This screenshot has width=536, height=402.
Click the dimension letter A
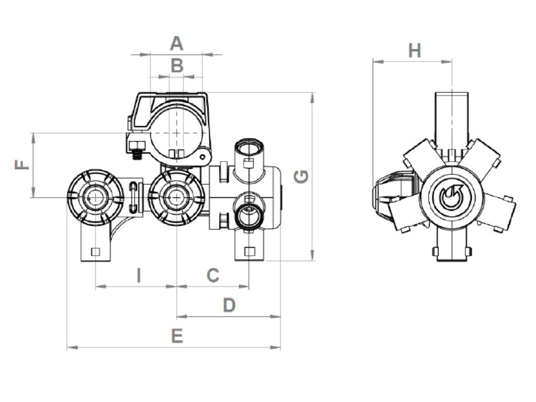[x=177, y=43]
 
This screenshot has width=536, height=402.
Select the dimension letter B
[x=177, y=66]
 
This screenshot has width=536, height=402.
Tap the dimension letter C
[x=213, y=275]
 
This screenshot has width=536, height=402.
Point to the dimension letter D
[x=229, y=305]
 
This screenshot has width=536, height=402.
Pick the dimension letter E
[x=177, y=336]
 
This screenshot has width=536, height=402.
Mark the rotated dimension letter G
[x=301, y=176]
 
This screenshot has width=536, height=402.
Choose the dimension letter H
[x=415, y=51]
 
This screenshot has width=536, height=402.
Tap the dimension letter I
[x=139, y=275]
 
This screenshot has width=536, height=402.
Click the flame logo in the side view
[x=449, y=197]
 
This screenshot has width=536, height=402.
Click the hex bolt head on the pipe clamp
[x=136, y=144]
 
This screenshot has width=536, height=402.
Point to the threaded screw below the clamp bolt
[x=138, y=154]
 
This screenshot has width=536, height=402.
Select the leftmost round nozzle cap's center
[x=95, y=197]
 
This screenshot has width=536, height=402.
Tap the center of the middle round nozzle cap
[x=176, y=197]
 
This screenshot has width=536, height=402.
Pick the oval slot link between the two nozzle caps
[x=134, y=196]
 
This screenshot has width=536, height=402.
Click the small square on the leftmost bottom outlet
[x=95, y=252]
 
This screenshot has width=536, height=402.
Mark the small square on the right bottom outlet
[x=250, y=252]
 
